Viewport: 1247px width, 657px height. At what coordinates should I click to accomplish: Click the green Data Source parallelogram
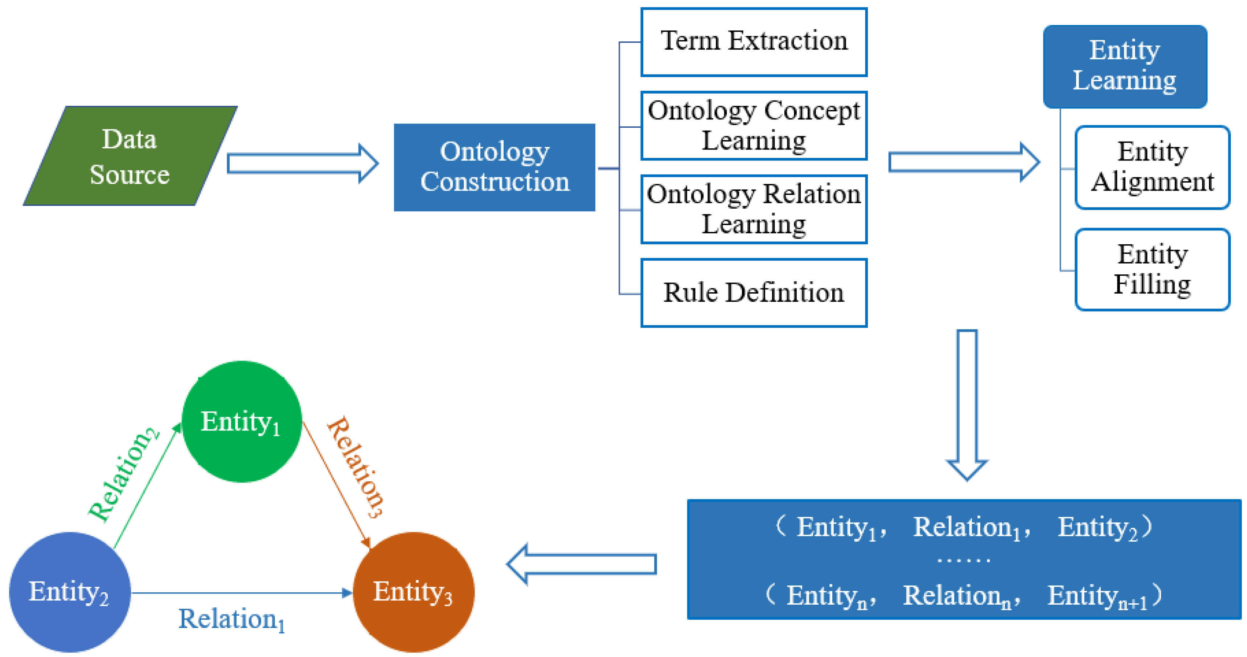coord(130,156)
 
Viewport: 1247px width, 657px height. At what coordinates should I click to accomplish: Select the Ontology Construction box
coord(494,167)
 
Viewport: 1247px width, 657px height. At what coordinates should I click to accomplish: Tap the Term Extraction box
coord(754,42)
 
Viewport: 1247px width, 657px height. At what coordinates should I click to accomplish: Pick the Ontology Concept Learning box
coord(754,125)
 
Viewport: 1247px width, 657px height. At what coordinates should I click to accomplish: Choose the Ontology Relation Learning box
coord(754,209)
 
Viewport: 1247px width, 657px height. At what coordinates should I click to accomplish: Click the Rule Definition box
coord(754,293)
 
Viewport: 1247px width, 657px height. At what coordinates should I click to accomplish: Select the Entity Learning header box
coord(1124,66)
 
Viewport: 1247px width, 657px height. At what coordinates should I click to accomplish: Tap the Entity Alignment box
coord(1152,167)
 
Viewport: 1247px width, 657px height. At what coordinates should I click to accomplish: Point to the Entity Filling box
coord(1152,269)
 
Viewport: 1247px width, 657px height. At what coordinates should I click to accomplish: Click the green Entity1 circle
coord(242,421)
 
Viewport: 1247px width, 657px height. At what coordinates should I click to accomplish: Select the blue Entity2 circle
coord(70,592)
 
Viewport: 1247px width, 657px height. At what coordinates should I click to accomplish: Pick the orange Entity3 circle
coord(413,592)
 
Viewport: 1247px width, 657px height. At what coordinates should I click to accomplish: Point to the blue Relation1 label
coord(231,619)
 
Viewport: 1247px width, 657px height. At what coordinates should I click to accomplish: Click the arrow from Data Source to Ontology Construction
coord(302,163)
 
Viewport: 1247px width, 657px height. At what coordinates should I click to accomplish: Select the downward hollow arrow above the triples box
coord(967,404)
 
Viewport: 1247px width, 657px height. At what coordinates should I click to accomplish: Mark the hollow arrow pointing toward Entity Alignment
coord(963,162)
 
